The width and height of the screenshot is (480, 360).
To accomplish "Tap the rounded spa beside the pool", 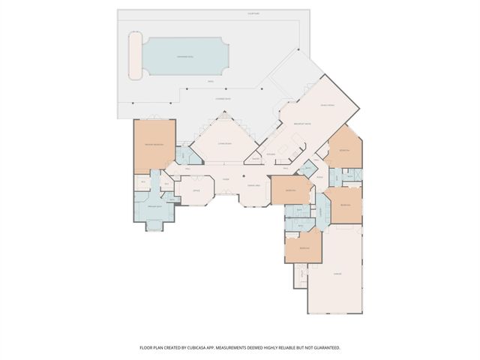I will pyautogui.click(x=136, y=55).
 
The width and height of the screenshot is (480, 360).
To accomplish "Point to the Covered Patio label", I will pyautogui.click(x=223, y=97).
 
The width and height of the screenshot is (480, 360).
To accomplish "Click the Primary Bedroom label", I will pyautogui.click(x=154, y=144).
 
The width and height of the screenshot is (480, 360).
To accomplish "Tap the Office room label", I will pyautogui.click(x=195, y=190).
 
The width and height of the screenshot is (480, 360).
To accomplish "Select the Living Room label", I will pyautogui.click(x=224, y=142).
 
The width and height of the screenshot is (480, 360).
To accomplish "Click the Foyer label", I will pyautogui.click(x=224, y=179).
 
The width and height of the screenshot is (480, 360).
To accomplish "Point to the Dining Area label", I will pyautogui.click(x=253, y=185).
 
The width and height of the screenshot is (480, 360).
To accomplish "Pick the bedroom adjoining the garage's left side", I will pyautogui.click(x=304, y=248).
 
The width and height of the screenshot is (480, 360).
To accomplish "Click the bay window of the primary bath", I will pyautogui.click(x=154, y=226).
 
